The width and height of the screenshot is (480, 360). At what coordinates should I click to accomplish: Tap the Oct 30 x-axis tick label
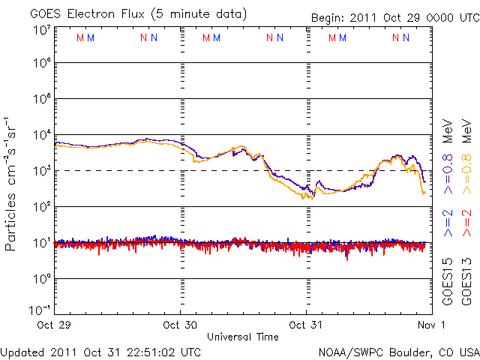point(180,325)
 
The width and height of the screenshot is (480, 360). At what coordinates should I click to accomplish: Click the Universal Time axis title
point(243,337)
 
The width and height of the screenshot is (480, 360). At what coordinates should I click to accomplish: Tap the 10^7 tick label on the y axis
point(40,31)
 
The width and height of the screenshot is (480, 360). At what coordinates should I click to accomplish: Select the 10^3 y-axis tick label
point(40,169)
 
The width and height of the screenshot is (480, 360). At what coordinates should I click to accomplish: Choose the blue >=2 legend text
point(448,223)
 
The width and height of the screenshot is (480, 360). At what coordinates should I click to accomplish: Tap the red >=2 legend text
point(466,223)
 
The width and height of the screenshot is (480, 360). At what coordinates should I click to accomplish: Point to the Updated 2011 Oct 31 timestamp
point(100,351)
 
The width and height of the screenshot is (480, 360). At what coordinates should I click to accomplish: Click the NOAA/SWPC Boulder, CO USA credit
point(398,351)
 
